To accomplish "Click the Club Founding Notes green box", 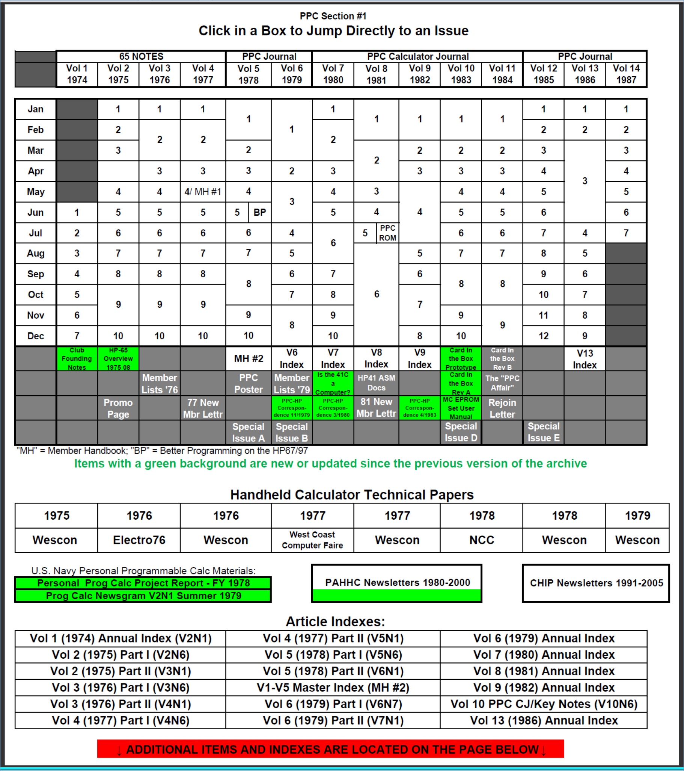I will point(77,358).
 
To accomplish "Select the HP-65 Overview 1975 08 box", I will point(118,358).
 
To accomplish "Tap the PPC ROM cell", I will point(387,233).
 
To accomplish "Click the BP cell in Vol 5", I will point(260,212).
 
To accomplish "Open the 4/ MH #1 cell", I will point(203,192).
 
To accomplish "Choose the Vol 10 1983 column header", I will point(461,74).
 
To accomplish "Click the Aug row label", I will point(35,254).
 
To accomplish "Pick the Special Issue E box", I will point(544,432).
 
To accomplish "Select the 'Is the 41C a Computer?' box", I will point(333,383).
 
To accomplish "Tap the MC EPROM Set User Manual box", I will point(461,408).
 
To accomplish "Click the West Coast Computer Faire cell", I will point(312,540).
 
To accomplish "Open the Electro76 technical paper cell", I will point(139,540).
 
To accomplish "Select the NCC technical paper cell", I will point(482,540).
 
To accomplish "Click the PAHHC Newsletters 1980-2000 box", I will point(397,583).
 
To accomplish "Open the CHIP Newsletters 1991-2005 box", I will point(596,583).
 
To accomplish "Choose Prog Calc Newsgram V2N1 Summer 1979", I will point(143,596).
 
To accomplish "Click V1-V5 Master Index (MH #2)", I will point(333,688).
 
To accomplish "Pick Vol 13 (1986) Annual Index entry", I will point(544,720).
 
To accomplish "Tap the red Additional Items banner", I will point(330,749).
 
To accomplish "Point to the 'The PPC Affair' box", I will point(502,383).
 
